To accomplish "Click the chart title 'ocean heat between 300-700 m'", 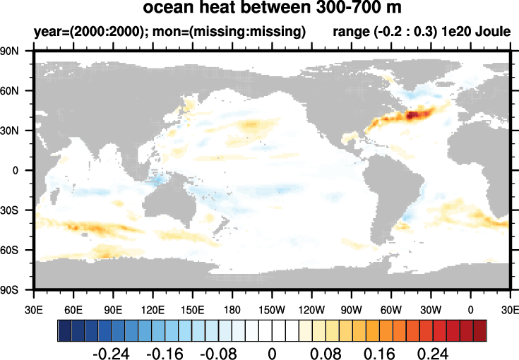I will [272, 9].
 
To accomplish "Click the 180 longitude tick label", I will [232, 309].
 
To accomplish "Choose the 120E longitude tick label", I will [153, 309].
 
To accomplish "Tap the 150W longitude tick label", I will [272, 309].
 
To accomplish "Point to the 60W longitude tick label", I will [390, 309].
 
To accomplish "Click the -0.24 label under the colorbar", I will [112, 352].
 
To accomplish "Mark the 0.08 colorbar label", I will [326, 352].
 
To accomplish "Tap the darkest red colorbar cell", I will [480, 330].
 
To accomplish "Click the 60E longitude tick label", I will [73, 309].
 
